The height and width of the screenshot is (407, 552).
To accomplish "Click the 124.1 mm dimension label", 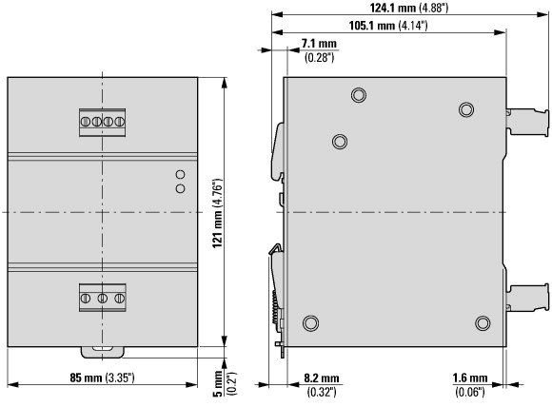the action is [409, 8].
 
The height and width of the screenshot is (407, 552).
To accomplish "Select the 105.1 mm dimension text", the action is [388, 26].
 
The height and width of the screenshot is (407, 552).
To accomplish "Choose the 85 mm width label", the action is [102, 378].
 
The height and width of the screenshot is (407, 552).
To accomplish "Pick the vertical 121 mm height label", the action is [218, 214].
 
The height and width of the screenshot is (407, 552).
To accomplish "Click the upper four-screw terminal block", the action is [103, 123].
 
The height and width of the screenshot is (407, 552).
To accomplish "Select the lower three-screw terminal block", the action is [103, 298].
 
